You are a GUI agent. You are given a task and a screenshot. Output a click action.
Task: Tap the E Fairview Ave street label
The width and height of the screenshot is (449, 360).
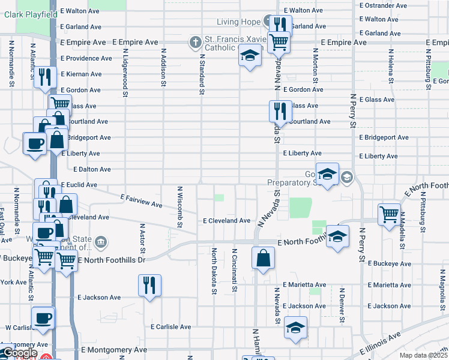tap(141, 200)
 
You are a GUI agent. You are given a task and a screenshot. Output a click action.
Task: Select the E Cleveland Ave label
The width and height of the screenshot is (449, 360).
tap(226, 221)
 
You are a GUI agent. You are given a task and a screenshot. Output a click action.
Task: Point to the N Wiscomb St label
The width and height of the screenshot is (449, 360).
tap(179, 206)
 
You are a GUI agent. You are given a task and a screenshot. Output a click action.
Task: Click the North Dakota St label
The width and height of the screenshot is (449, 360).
tap(214, 271)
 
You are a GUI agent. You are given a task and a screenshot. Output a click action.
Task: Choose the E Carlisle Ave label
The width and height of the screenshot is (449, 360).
tap(170, 327)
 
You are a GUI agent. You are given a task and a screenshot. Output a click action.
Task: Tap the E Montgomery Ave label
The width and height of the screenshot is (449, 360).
tap(114, 350)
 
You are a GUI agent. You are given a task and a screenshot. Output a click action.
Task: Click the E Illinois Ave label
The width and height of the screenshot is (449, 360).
tap(380, 344)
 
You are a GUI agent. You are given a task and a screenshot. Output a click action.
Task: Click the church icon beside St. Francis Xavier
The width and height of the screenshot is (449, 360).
tap(194, 43)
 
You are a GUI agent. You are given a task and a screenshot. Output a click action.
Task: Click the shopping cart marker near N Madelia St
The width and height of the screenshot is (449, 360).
tap(389, 213)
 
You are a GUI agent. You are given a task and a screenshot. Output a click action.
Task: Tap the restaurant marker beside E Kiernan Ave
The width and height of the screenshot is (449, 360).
tap(46, 77)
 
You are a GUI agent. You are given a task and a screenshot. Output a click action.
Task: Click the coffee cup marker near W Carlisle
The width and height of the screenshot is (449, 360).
tap(43, 317)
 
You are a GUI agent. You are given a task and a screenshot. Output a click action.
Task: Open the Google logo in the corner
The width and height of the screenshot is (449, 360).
tap(20, 353)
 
